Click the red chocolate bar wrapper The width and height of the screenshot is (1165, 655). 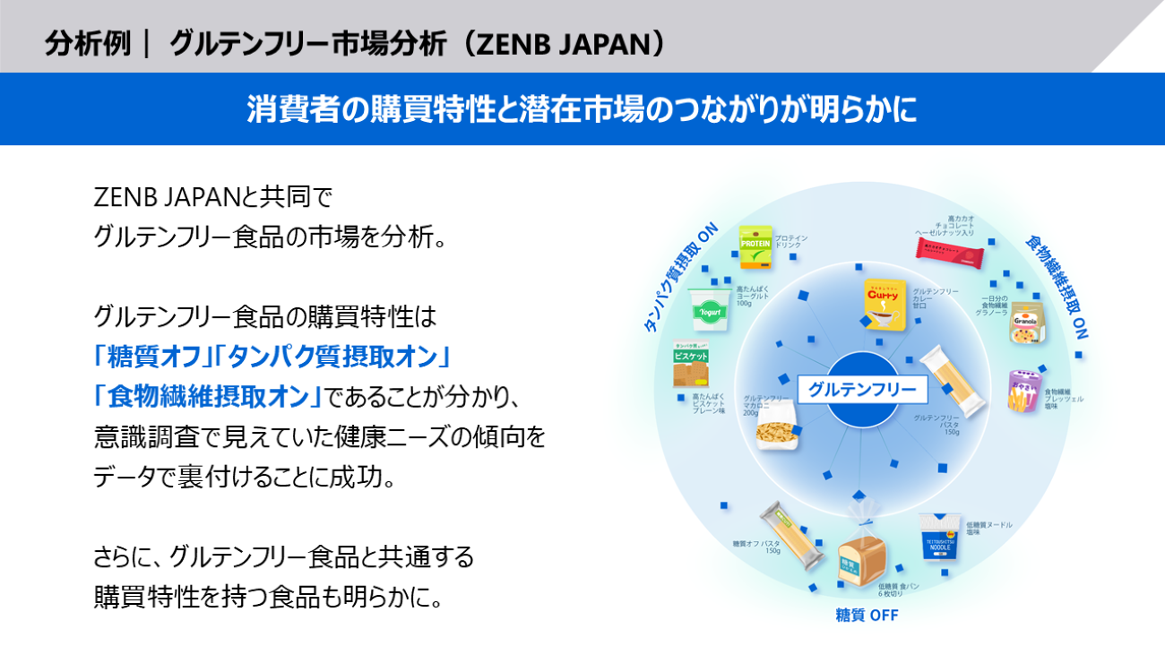950,251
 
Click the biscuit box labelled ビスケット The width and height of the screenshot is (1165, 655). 691,364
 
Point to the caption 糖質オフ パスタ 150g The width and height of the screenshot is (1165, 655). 755,547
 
